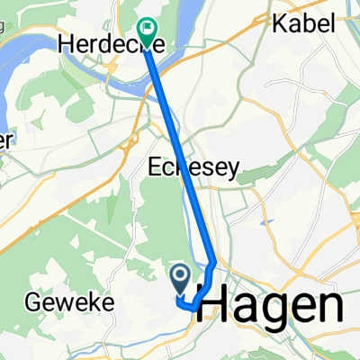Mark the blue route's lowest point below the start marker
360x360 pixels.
point(191,307)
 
